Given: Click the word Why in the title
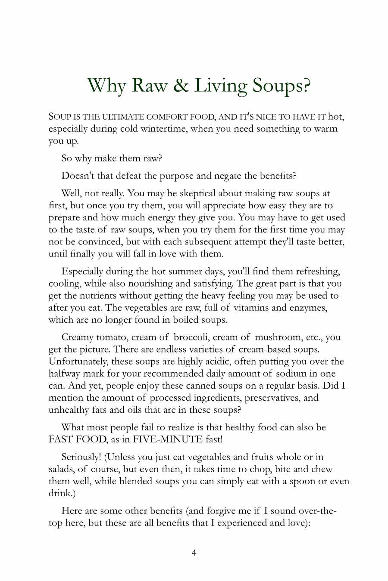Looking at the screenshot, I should click(x=106, y=86).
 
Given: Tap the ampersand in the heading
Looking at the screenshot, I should click(x=181, y=86).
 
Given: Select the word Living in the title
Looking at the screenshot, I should click(x=220, y=86).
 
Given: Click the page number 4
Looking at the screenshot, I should click(x=194, y=553).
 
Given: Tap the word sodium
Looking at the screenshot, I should click(x=292, y=373).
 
